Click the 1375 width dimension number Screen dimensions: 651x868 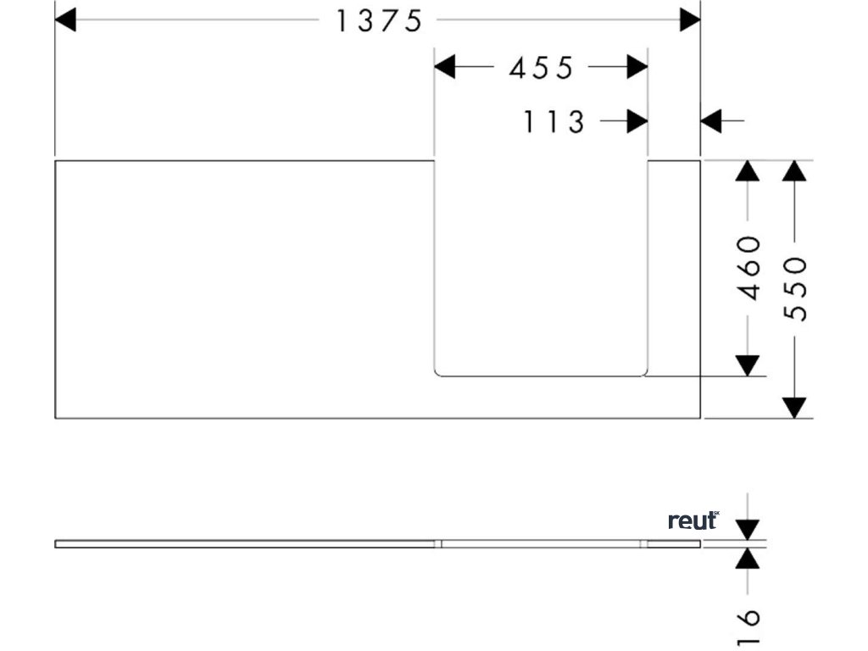tap(379, 20)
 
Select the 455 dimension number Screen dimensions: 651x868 tap(542, 68)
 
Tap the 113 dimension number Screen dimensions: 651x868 tap(554, 122)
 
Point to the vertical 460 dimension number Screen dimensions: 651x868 tap(748, 268)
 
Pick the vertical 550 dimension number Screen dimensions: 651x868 tap(795, 289)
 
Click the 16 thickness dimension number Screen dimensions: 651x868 tap(748, 627)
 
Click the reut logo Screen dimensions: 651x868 tap(693, 520)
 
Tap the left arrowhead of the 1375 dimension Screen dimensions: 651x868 tap(65, 20)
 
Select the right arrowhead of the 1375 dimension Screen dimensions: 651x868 tap(690, 20)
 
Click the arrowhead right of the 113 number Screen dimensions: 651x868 tap(637, 122)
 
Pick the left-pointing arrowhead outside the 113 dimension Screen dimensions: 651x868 tap(711, 122)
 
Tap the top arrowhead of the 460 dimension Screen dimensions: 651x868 tap(747, 170)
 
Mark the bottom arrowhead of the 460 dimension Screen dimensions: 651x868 tap(747, 365)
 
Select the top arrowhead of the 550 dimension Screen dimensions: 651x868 tap(794, 170)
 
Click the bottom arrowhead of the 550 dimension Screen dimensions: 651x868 tap(794, 408)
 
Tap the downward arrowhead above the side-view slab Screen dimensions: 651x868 tap(747, 530)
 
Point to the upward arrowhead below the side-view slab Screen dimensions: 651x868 tap(747, 558)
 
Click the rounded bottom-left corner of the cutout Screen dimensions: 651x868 tap(437, 372)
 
